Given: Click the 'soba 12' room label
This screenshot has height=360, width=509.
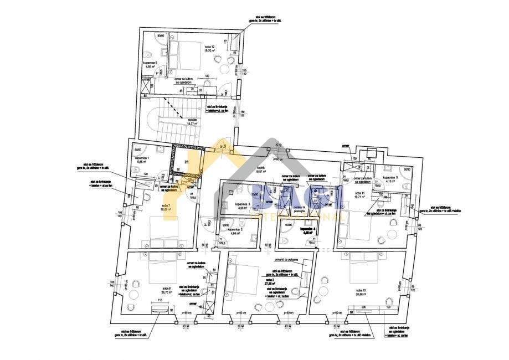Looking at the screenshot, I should (x=209, y=47).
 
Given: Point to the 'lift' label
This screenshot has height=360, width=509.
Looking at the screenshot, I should (x=186, y=162).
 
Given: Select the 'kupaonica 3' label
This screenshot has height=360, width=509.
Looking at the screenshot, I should (x=243, y=204).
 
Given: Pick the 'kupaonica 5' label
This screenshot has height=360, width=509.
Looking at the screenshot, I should (x=390, y=178).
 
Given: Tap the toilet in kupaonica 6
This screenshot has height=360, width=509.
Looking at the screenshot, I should (x=149, y=54).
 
